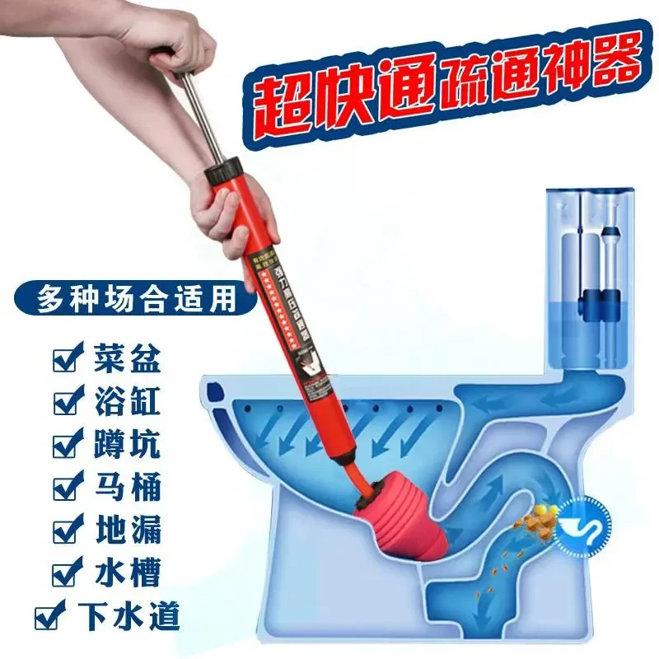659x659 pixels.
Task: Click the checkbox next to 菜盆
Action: [x=64, y=360]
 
